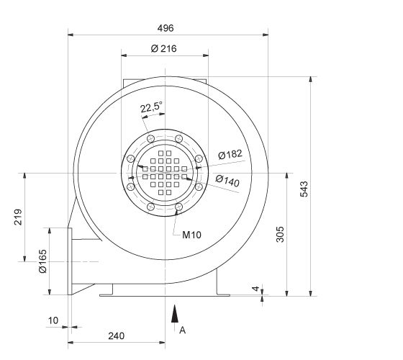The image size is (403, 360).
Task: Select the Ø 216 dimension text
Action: pyautogui.click(x=164, y=49)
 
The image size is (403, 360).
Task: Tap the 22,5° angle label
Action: pyautogui.click(x=150, y=108)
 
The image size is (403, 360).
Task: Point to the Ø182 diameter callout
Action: pyautogui.click(x=230, y=155)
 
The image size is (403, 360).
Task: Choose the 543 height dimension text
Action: pyautogui.click(x=304, y=189)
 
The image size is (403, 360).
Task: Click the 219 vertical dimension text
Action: pyautogui.click(x=19, y=217)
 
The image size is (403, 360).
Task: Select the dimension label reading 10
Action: pyautogui.click(x=53, y=319)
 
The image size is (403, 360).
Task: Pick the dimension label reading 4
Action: pyautogui.click(x=255, y=289)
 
